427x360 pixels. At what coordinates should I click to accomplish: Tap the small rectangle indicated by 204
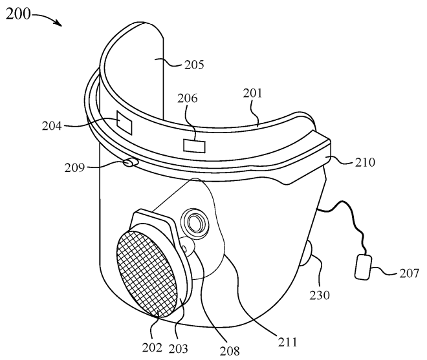coord(123,122)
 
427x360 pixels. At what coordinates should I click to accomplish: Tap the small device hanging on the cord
coord(364,268)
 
